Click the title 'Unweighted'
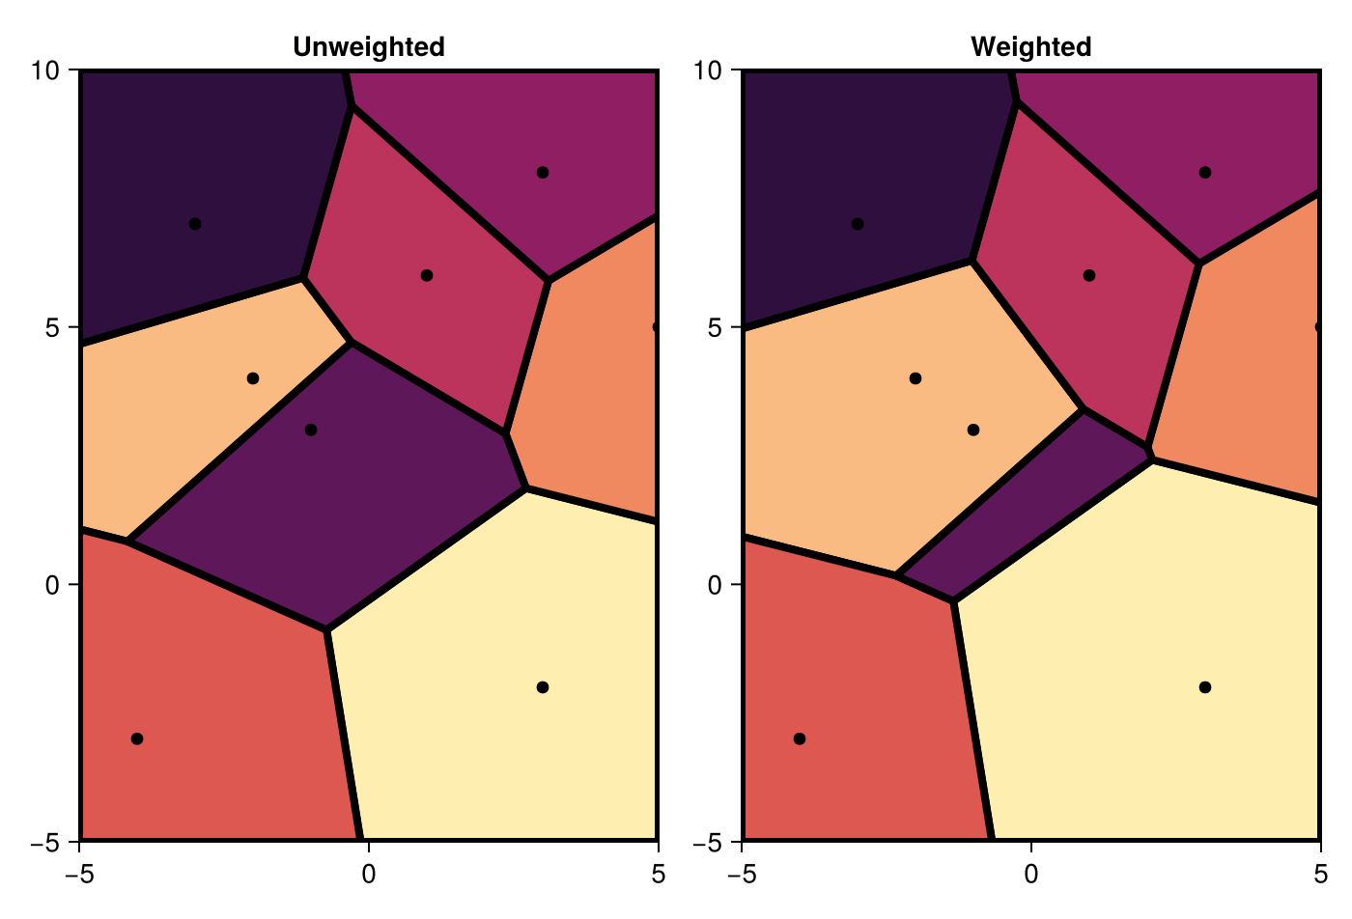(368, 46)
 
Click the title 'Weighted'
(1030, 46)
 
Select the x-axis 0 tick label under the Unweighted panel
(368, 874)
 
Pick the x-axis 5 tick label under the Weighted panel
(1320, 874)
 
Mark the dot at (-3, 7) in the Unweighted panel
(195, 224)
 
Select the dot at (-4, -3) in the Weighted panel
(800, 738)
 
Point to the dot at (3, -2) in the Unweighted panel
(543, 687)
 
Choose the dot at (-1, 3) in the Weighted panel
(973, 430)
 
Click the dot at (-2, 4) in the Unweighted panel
(253, 378)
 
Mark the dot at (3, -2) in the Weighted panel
(1205, 687)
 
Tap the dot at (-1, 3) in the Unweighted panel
(311, 430)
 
